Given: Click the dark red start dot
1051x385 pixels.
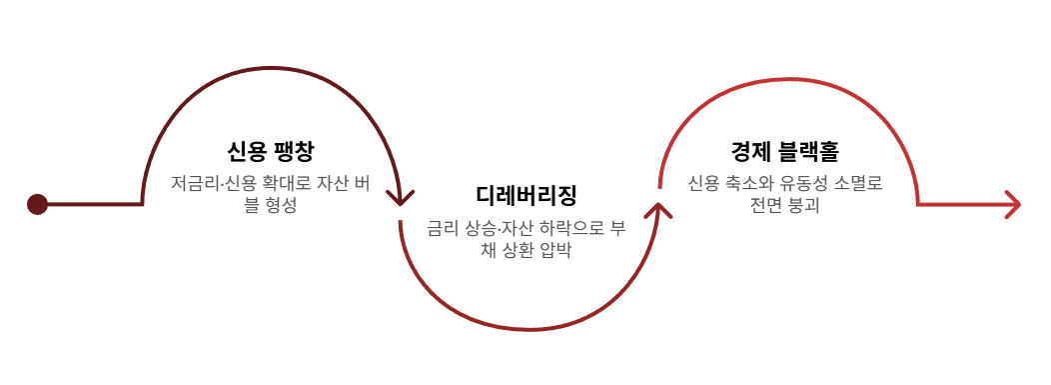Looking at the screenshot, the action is coord(37,204).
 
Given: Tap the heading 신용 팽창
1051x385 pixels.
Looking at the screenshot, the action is coord(270,152).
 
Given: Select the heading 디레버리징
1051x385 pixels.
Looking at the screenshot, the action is coord(526,197).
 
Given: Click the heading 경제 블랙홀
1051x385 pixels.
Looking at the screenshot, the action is coord(785,152).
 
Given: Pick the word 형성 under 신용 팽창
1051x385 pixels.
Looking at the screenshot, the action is coord(281,205).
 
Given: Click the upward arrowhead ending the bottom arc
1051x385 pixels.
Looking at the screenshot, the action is coord(659,210).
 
